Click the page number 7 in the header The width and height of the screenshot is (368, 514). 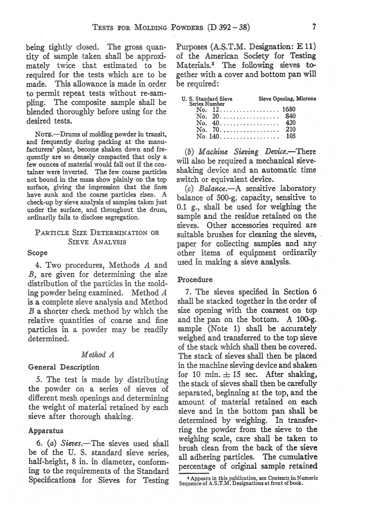[315, 27]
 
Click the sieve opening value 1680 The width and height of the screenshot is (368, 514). [289, 109]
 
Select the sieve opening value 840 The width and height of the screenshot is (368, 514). [290, 116]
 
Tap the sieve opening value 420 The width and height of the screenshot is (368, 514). [290, 123]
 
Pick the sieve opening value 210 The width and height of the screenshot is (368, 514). [290, 129]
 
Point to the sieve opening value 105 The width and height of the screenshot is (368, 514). [290, 136]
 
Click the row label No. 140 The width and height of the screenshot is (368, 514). [208, 136]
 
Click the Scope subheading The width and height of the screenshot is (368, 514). [38, 253]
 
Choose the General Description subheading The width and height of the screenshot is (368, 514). [64, 367]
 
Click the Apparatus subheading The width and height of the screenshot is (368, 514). [46, 430]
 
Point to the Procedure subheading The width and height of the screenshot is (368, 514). [195, 280]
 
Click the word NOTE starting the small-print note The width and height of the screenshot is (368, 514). [43, 135]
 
